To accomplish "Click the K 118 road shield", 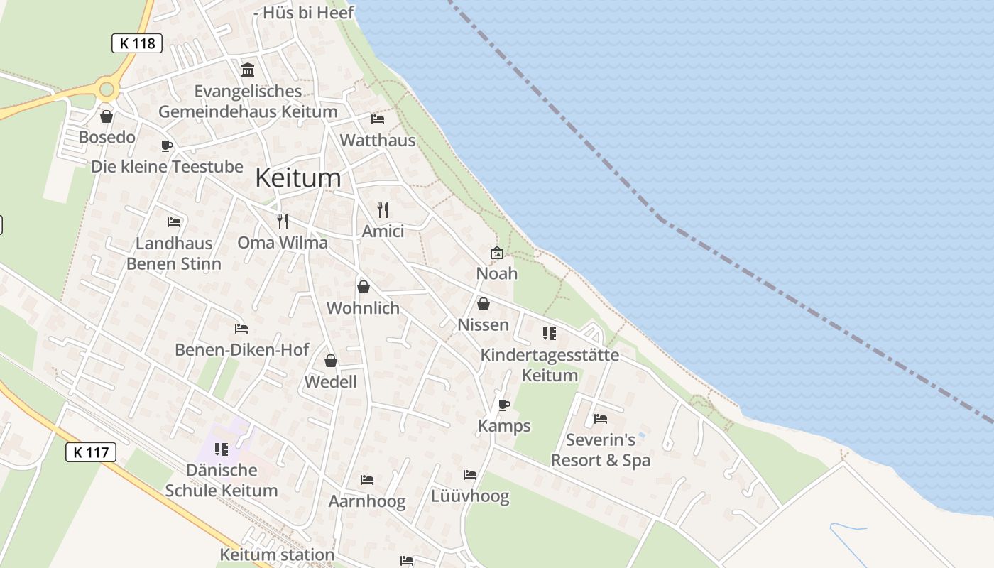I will pos(137,43).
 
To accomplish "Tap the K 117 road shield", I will pos(90,452).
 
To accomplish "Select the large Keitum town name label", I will pos(297,177).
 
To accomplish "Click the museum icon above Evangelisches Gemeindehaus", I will pos(248,70).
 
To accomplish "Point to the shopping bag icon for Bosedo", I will pos(106,116).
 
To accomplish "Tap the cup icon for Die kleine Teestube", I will pos(167,146).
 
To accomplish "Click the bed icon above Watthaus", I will pos(378,119).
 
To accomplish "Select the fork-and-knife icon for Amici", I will pos(383,210).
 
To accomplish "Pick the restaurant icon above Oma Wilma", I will pos(283,221).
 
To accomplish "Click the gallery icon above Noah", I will pos(497,253).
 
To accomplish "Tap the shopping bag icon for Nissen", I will pos(484,304).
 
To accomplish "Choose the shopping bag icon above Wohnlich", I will pos(364,287).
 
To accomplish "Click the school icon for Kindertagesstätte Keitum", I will pos(550,333).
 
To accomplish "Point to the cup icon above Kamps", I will pos(504,405).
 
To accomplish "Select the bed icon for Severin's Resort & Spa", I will pos(601,419).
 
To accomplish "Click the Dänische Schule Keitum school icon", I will pos(222,449).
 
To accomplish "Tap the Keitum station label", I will pos(277,555).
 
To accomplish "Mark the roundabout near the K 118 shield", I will pos(107,89).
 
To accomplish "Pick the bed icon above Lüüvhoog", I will pos(470,475).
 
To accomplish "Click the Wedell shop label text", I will pos(330,381).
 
